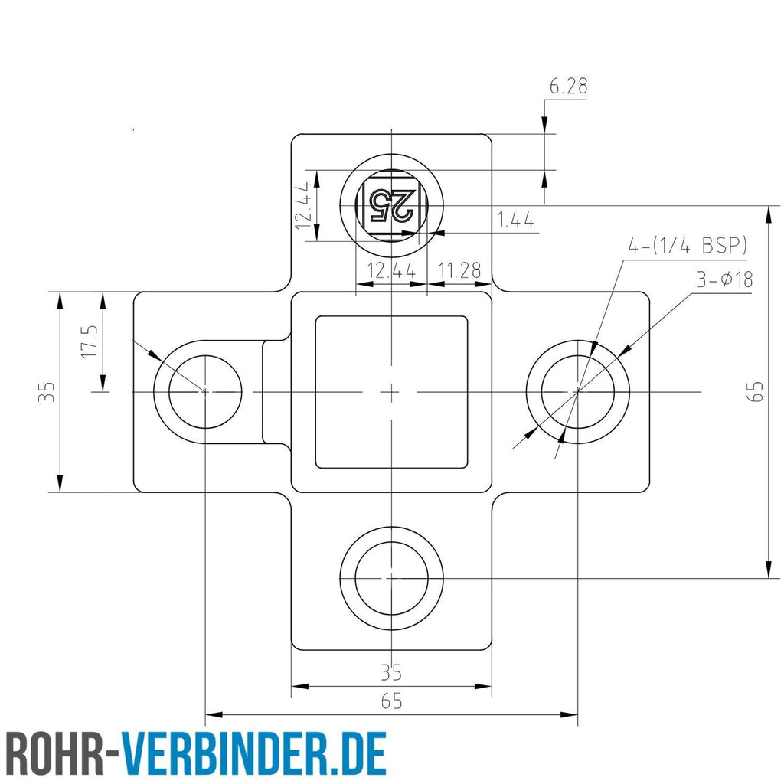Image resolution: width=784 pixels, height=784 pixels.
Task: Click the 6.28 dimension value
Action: [x=569, y=87]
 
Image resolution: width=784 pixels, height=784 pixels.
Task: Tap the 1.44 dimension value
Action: [x=515, y=220]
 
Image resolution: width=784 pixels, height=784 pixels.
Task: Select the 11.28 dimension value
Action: [x=459, y=270]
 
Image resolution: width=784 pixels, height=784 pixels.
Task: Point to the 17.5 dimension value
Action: [x=90, y=341]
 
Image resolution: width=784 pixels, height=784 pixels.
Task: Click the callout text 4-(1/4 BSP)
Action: [x=688, y=246]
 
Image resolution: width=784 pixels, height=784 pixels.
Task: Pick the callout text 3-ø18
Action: [x=724, y=279]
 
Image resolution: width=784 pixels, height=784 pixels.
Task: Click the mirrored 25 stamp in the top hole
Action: [x=391, y=205]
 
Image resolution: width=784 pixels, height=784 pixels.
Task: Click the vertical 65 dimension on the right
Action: [x=758, y=391]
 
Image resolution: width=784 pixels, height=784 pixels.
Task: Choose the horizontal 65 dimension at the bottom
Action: [x=391, y=701]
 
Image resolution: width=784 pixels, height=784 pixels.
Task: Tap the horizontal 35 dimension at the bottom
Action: [x=391, y=672]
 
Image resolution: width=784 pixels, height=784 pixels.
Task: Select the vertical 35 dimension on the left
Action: [x=47, y=392]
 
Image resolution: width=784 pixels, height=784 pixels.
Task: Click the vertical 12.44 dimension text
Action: [x=304, y=205]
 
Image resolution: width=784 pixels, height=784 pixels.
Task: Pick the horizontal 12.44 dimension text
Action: [x=391, y=270]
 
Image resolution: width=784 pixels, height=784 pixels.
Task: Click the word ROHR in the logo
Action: [x=54, y=753]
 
